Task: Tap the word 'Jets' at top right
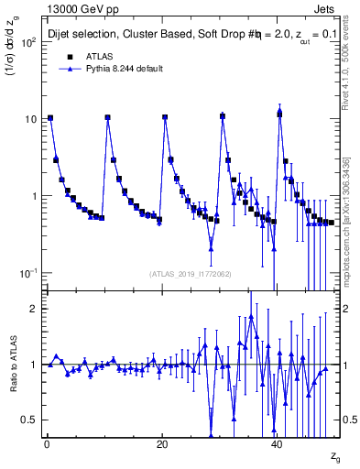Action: pos(327,9)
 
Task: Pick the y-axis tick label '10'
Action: pos(30,119)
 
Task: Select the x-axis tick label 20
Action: pos(161,443)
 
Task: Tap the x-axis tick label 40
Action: pos(278,443)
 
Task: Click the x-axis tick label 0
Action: pos(46,443)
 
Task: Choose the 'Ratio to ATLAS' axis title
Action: pos(11,363)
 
